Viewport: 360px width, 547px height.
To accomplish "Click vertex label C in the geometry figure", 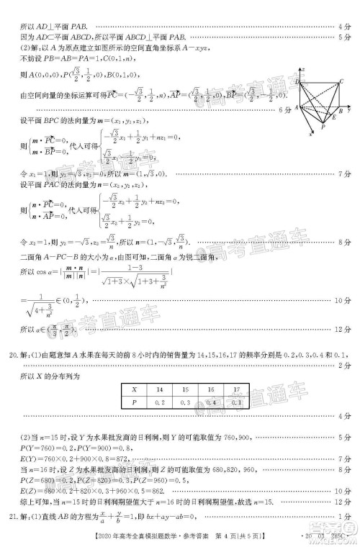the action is pos(341,82).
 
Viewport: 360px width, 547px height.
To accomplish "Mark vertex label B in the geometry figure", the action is pos(341,112).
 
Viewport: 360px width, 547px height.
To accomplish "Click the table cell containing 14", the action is pos(159,389).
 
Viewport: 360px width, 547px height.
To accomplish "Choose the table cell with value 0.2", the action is pos(159,402).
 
